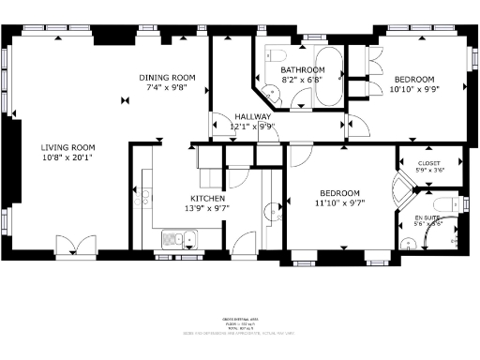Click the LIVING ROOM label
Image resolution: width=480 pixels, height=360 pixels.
tap(67, 147)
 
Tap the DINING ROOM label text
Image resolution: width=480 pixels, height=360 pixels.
tap(167, 78)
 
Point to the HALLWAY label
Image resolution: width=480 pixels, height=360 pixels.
tap(252, 116)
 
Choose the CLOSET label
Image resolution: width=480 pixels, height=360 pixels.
tap(428, 162)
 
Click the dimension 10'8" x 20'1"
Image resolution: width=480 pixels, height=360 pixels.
tap(67, 157)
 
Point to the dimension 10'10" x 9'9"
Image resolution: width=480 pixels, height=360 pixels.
tap(413, 90)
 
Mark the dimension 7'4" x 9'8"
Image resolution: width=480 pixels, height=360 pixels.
tap(167, 87)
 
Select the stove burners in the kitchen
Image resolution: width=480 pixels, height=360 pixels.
tap(142, 197)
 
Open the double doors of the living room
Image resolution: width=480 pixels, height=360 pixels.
tap(75, 246)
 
